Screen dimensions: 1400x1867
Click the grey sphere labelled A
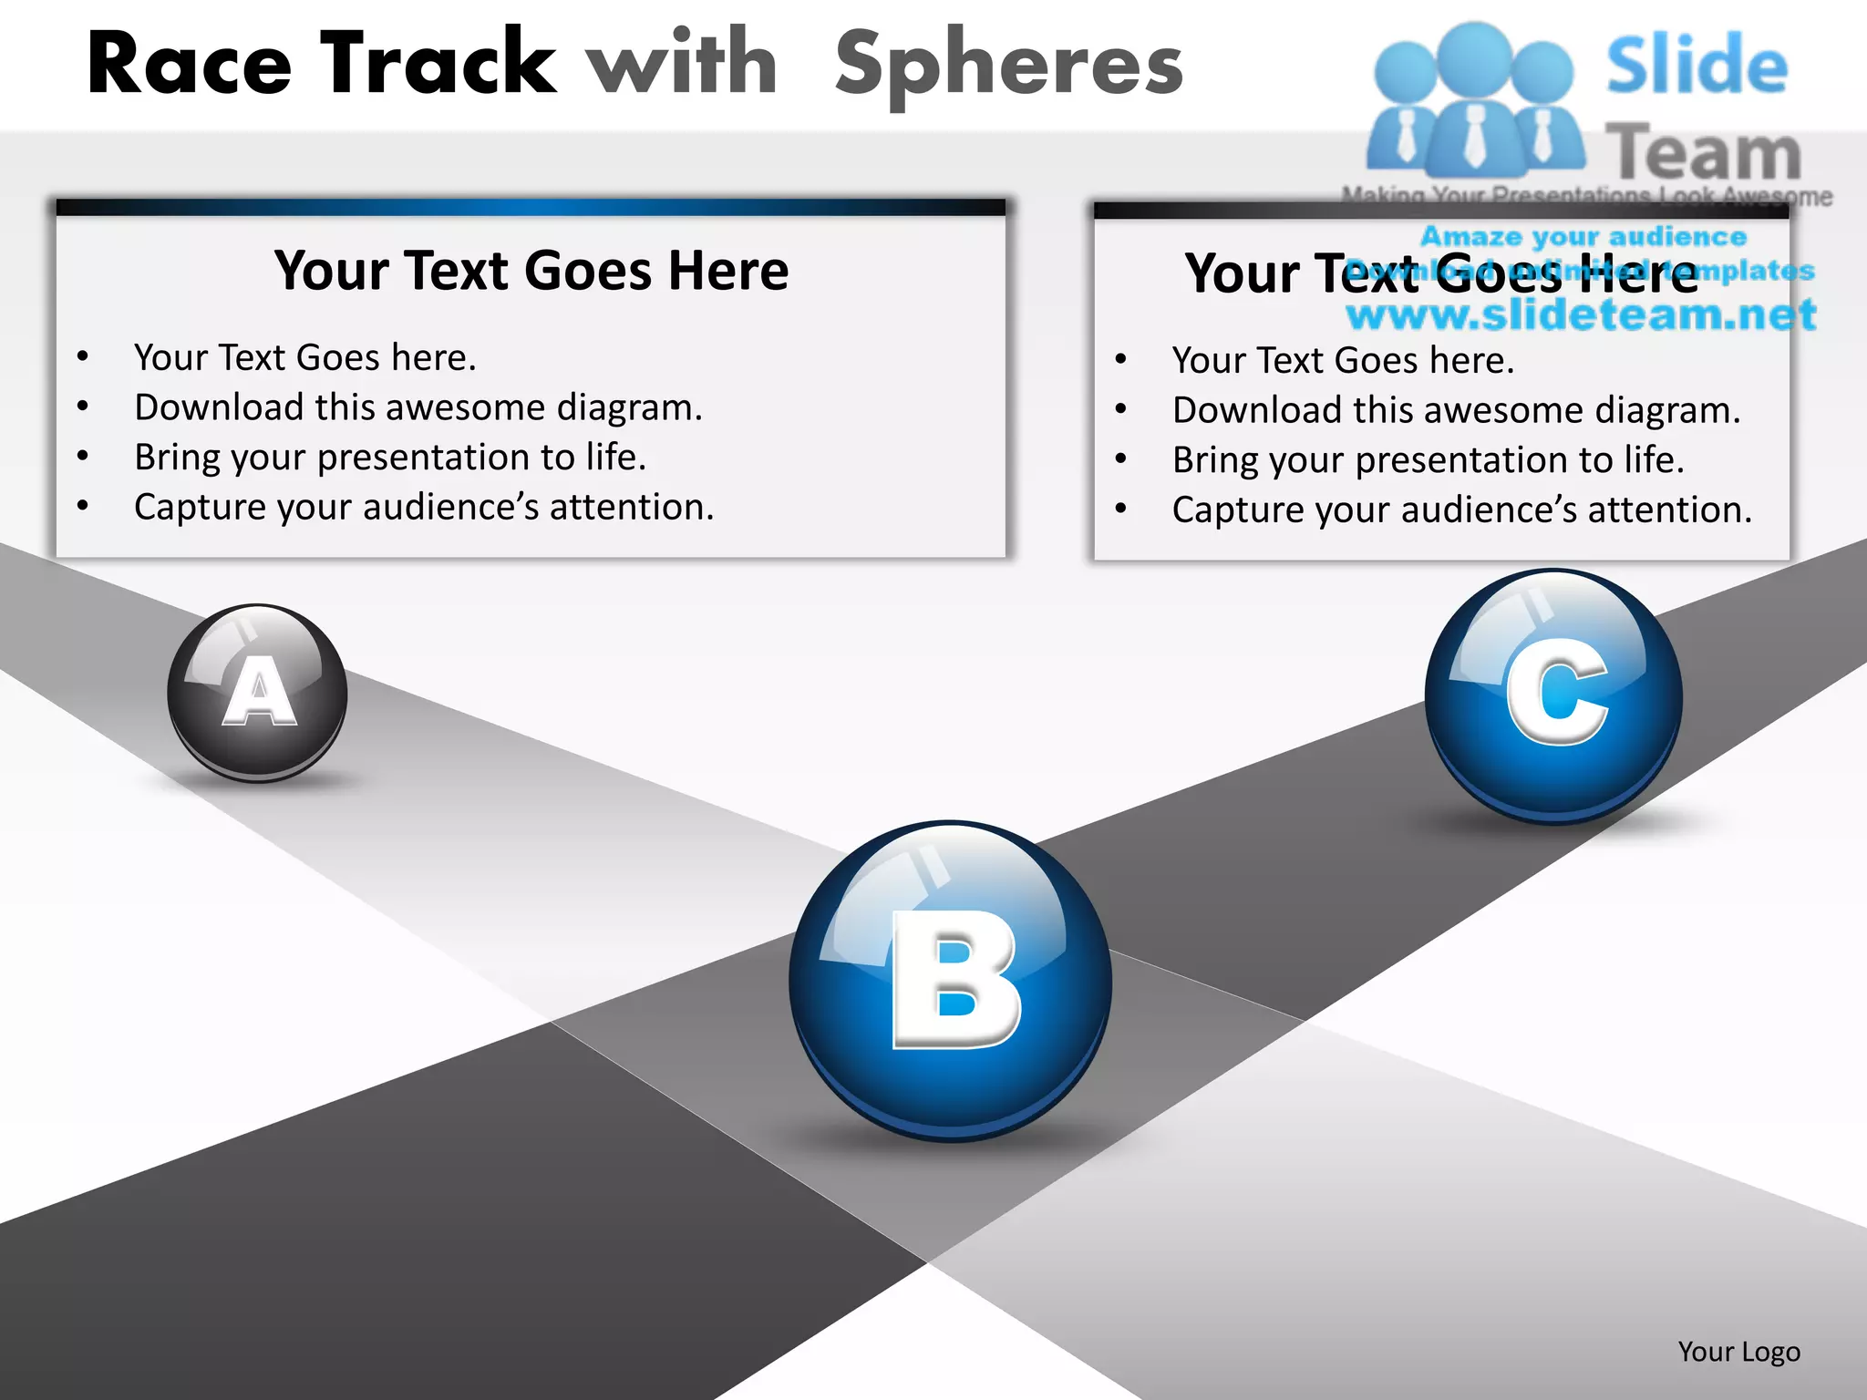click(x=258, y=693)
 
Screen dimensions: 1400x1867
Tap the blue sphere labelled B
click(x=951, y=981)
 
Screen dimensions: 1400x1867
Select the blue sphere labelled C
click(x=1553, y=696)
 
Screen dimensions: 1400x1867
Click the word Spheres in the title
click(x=1008, y=64)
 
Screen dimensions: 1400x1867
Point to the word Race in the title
click(x=189, y=64)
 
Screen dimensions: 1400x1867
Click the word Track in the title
click(x=438, y=64)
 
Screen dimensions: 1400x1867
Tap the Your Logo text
click(x=1738, y=1352)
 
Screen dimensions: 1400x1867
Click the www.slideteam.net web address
click(x=1581, y=314)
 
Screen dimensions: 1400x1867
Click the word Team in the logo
click(x=1702, y=153)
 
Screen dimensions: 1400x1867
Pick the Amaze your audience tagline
click(x=1583, y=236)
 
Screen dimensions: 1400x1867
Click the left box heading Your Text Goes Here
click(x=531, y=271)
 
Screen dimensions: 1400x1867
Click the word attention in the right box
click(x=1668, y=510)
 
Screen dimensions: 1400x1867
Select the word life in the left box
click(x=614, y=457)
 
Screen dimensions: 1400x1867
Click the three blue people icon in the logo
click(x=1474, y=100)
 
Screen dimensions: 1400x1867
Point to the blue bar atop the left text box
click(x=531, y=208)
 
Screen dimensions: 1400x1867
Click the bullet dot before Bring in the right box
click(x=1121, y=458)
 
